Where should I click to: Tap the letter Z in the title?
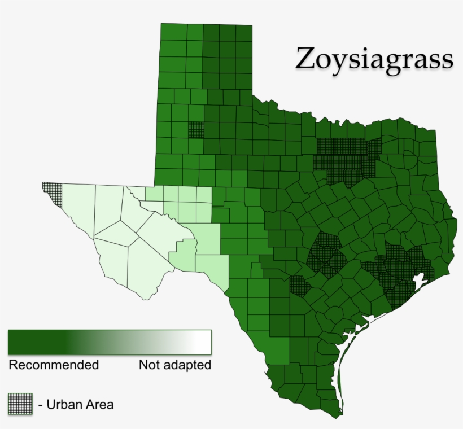coord(305,59)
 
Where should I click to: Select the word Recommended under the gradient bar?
coord(54,365)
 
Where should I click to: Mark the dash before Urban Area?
coord(41,405)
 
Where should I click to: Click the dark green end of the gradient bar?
coord(23,342)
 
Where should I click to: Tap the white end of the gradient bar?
coord(200,342)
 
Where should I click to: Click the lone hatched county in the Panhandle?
coord(196,129)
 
